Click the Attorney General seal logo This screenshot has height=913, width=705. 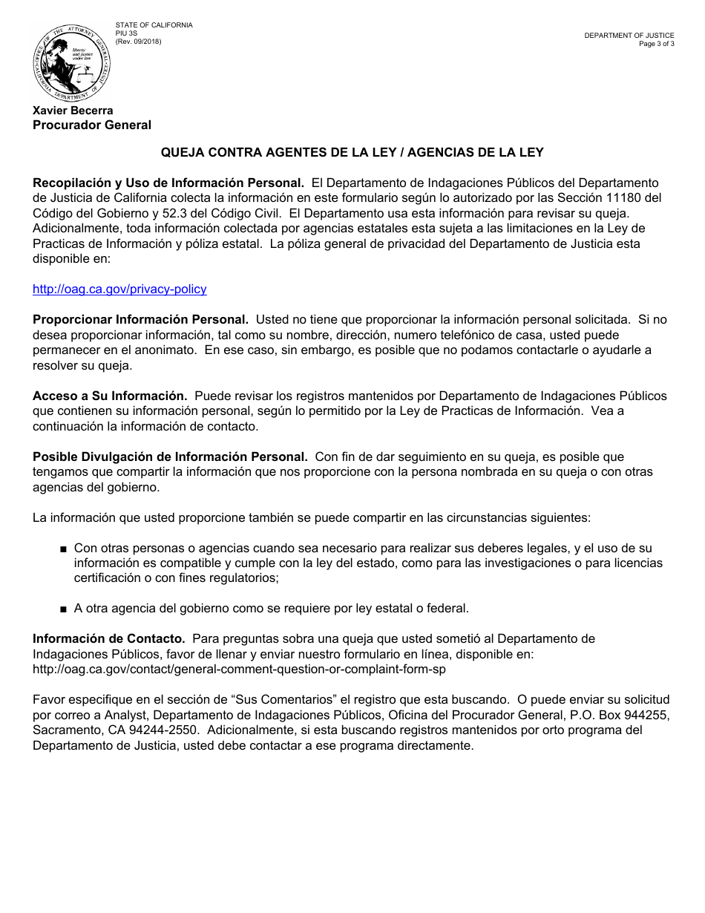coord(71,62)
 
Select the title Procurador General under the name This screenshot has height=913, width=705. coord(91,125)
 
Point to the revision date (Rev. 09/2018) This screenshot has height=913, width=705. coord(138,42)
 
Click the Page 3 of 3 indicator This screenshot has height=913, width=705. coord(656,44)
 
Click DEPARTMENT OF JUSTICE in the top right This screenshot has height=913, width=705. coord(629,36)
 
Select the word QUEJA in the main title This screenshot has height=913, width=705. coord(183,153)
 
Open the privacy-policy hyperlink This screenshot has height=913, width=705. coord(119,289)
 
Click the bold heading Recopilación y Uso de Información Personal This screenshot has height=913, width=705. coord(168,183)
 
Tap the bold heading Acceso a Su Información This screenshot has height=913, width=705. coord(109,396)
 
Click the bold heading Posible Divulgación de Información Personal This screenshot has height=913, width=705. coord(170,456)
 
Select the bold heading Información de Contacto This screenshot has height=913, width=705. coord(108,638)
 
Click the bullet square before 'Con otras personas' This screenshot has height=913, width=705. coord(63,549)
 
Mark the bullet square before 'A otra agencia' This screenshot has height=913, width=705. coord(63,609)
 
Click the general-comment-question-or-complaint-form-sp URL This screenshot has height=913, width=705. coord(239,669)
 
